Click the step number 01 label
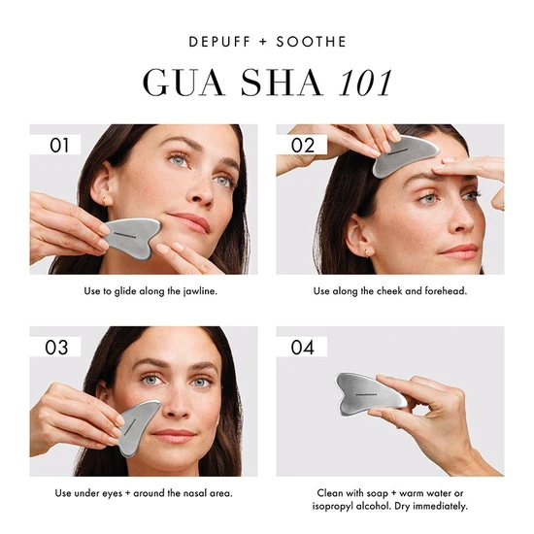[60, 146]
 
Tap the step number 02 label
[303, 146]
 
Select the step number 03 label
[60, 348]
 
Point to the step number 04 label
[303, 348]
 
